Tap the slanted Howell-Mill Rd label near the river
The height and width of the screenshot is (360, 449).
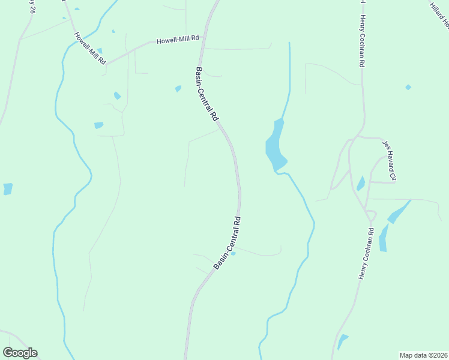click(x=89, y=48)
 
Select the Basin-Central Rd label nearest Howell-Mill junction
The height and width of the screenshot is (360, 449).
click(x=207, y=95)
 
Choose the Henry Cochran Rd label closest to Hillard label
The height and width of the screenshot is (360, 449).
click(x=362, y=41)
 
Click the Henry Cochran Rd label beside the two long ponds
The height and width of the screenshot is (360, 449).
click(x=366, y=253)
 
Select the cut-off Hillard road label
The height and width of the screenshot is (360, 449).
click(x=440, y=15)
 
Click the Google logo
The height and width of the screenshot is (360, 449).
click(x=20, y=353)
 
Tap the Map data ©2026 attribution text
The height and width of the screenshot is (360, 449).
click(x=423, y=355)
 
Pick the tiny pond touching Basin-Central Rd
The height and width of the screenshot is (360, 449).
click(x=234, y=253)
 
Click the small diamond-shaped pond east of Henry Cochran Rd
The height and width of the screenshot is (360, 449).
click(x=408, y=88)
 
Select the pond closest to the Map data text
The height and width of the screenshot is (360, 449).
click(x=342, y=341)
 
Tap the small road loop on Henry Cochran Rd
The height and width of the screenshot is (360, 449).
click(x=371, y=215)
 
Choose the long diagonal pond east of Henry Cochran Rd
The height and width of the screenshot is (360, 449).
click(x=399, y=211)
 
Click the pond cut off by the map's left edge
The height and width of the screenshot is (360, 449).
click(x=7, y=189)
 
